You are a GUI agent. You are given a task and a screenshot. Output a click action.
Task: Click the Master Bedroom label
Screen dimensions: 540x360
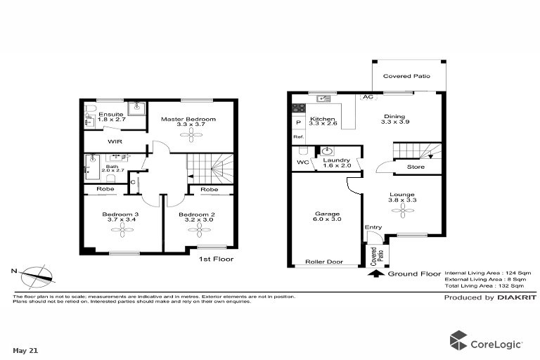(188, 120)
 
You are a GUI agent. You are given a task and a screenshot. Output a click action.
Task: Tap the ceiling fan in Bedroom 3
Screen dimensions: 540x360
(123, 230)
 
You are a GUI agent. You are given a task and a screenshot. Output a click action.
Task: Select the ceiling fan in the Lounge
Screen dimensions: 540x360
(403, 210)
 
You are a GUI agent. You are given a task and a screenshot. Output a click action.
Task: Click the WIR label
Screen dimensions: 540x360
(115, 141)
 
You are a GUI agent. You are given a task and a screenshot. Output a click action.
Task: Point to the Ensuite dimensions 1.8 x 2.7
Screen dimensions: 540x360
(112, 120)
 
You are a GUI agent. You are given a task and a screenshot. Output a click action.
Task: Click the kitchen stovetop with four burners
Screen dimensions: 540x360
(299, 108)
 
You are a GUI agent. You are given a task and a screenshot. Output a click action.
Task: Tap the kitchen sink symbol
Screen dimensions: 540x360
(323, 98)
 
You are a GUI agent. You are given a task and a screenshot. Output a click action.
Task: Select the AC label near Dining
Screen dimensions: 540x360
(368, 97)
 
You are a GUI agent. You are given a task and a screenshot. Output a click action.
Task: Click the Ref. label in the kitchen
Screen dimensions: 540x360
(299, 137)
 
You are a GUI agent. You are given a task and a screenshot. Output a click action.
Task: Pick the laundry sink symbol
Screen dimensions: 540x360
(327, 151)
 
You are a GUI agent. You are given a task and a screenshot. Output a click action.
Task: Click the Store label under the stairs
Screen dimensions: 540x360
(416, 167)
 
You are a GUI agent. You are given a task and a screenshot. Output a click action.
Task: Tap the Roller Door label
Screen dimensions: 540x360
(324, 262)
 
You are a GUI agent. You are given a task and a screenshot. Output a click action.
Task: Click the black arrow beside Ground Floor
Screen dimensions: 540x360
(376, 274)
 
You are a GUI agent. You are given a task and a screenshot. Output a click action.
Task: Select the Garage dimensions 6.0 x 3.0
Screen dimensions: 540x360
(327, 219)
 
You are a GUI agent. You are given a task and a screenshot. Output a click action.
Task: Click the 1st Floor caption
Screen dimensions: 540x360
(217, 259)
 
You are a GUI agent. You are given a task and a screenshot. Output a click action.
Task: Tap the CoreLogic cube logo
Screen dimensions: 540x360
(458, 340)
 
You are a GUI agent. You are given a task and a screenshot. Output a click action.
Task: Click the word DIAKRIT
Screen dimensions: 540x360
(517, 297)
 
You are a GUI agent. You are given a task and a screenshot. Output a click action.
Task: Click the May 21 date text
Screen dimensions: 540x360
(25, 351)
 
